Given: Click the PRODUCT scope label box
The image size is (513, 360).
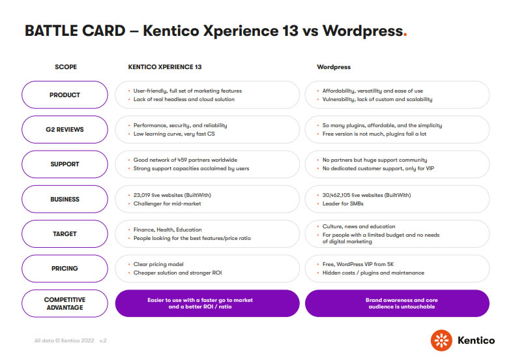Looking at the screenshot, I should click(x=65, y=95).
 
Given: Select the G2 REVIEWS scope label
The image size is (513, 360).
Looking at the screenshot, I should click(x=65, y=129).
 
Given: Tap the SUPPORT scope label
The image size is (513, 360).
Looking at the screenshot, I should click(x=65, y=164).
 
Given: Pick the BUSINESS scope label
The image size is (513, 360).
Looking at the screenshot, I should click(x=65, y=199).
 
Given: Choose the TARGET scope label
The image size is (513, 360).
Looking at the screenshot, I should click(x=65, y=233).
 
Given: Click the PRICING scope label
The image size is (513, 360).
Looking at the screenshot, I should click(x=65, y=268).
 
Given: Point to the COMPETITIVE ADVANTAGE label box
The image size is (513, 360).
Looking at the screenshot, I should click(x=65, y=303).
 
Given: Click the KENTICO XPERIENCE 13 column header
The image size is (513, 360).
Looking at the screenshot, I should click(x=165, y=67).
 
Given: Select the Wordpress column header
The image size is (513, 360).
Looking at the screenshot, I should click(x=334, y=67).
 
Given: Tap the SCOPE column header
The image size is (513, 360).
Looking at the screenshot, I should click(x=65, y=67).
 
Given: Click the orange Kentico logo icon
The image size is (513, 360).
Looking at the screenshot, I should click(x=441, y=340).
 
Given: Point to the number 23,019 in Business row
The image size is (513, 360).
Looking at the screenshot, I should click(x=143, y=195).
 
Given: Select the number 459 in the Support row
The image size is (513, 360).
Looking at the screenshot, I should click(x=181, y=160).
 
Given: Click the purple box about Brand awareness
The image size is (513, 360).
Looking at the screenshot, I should click(x=397, y=303).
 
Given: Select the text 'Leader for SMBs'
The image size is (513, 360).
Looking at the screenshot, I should click(x=343, y=203).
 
